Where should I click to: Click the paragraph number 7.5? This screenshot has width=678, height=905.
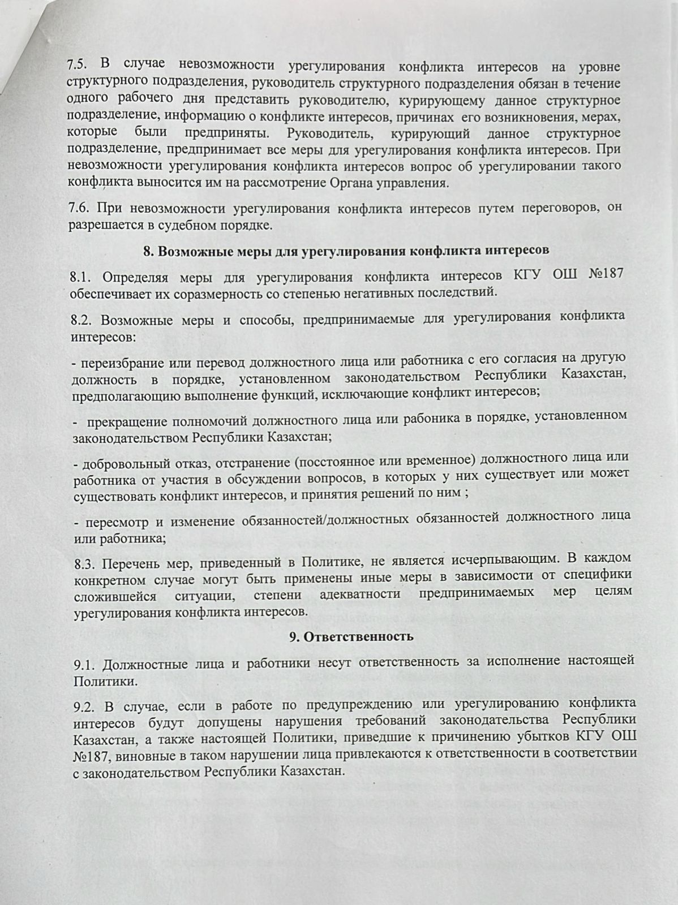coord(80,66)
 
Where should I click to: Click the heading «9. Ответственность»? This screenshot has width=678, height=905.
coord(351,636)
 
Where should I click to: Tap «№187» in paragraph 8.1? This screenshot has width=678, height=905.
coord(606,276)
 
